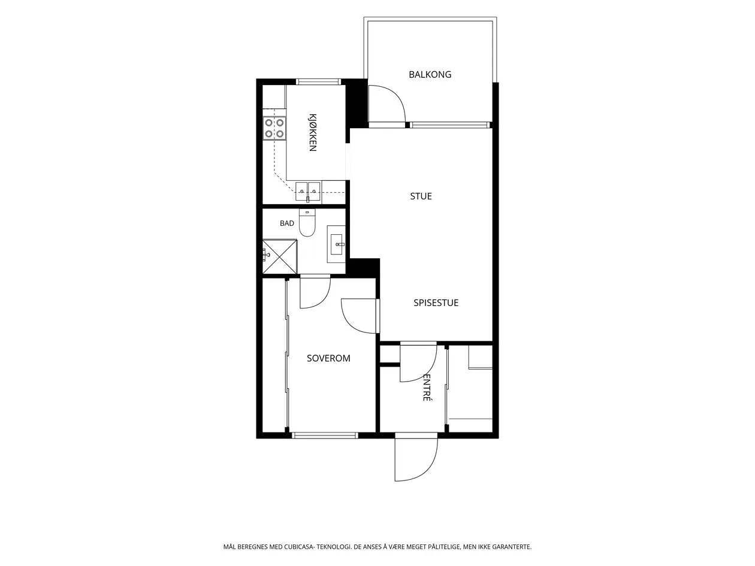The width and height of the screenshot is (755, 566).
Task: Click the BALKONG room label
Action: [430, 75]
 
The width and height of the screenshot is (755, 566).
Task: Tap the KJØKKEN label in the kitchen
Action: [312, 132]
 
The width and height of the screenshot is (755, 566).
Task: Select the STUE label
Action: [421, 196]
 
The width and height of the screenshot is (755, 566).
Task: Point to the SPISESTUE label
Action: [436, 302]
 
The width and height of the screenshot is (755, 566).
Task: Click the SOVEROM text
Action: [328, 358]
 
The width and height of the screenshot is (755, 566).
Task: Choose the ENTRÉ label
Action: [427, 388]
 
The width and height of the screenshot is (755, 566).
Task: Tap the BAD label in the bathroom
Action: [287, 223]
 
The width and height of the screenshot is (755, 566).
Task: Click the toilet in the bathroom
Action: [307, 223]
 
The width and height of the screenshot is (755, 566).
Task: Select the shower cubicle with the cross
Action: [279, 257]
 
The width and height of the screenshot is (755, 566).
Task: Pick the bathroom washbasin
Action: [336, 244]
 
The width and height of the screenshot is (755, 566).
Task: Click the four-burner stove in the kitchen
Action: [274, 128]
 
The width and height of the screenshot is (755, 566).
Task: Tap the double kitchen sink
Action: [308, 192]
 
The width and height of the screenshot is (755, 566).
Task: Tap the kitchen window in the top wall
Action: [318, 82]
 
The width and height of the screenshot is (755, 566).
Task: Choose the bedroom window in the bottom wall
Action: [325, 435]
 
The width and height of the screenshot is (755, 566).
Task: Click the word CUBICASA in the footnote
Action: [299, 547]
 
